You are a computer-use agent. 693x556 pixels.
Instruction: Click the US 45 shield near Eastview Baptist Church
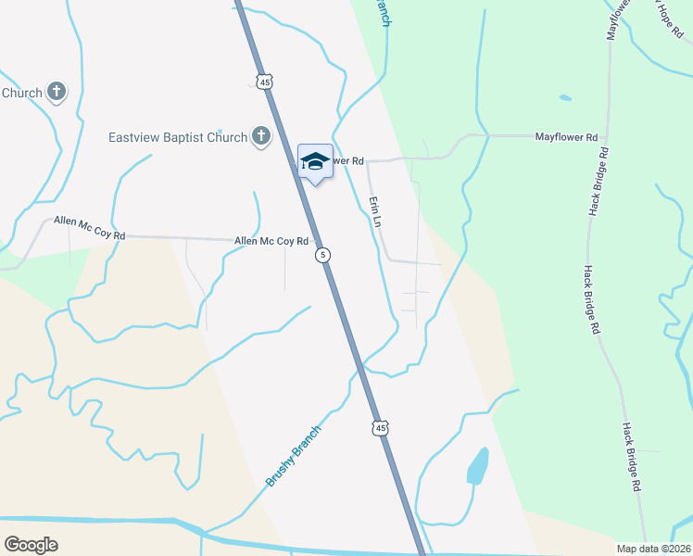click(x=266, y=82)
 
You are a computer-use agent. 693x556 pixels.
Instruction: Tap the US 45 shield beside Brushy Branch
click(x=381, y=427)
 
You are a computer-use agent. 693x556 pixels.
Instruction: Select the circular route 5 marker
click(x=321, y=255)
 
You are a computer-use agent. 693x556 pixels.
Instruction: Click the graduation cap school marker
click(x=315, y=161)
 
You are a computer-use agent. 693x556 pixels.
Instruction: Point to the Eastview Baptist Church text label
click(x=178, y=138)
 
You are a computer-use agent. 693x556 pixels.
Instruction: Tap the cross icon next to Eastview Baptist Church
click(x=261, y=137)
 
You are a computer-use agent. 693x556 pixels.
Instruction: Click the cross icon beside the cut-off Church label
click(x=57, y=92)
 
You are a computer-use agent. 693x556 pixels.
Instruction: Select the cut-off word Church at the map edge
click(x=21, y=93)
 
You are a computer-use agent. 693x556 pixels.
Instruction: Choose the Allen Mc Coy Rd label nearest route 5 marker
click(x=271, y=241)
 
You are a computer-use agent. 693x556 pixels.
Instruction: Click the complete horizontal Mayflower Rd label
click(x=566, y=137)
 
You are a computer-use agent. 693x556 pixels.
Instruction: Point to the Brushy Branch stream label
click(x=294, y=456)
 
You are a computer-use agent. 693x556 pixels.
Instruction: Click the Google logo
click(x=31, y=545)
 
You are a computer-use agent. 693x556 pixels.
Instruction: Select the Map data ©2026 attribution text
click(x=654, y=548)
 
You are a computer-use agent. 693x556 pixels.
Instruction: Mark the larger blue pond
click(x=477, y=466)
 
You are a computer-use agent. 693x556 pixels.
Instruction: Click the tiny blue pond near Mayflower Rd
click(x=565, y=96)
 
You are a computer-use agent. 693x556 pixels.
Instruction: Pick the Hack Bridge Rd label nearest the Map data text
click(x=632, y=456)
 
